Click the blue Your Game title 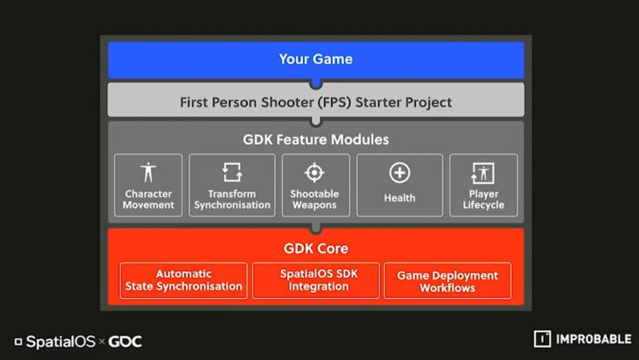[x=316, y=59]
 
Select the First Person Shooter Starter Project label [x=316, y=102]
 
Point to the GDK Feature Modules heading [x=316, y=140]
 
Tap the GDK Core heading [x=316, y=248]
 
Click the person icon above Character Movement [x=149, y=172]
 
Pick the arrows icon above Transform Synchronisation [x=232, y=172]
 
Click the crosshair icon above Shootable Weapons [x=315, y=172]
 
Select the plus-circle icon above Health [x=399, y=173]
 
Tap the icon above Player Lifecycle [x=483, y=173]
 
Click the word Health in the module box [x=399, y=198]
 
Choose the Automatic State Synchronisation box [x=183, y=281]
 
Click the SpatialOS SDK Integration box [x=316, y=281]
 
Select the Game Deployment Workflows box [x=447, y=281]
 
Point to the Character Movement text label [x=149, y=199]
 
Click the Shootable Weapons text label [x=315, y=199]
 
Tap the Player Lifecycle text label [x=484, y=199]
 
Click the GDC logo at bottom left [x=125, y=341]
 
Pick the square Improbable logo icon [x=542, y=339]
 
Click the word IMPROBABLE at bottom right [x=594, y=339]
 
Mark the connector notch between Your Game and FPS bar [x=316, y=84]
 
